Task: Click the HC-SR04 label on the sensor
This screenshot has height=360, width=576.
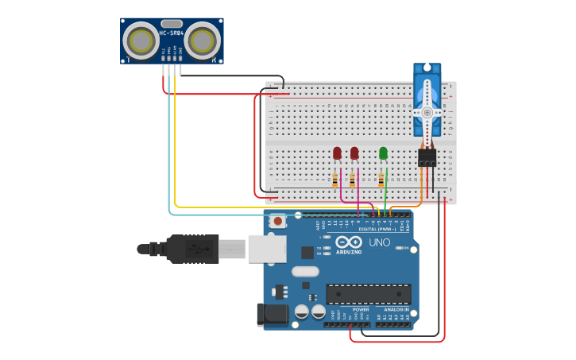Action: [172, 33]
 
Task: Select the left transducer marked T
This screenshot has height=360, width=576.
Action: [141, 40]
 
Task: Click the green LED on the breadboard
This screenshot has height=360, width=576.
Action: [383, 153]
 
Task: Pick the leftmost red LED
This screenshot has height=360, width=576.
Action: [337, 153]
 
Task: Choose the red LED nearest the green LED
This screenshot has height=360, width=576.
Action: [354, 153]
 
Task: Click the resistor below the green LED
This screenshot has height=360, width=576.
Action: [381, 180]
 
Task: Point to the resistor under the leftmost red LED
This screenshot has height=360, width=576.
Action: [335, 180]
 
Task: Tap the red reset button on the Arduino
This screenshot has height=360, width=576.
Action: [277, 221]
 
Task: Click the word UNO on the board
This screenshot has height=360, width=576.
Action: [380, 242]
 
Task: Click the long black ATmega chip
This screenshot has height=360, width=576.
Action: [368, 294]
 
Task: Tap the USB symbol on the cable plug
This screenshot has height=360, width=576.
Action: [195, 249]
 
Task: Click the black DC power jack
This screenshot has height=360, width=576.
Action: [272, 314]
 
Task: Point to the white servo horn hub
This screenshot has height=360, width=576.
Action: [427, 113]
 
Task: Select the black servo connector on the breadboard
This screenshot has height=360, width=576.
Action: [427, 157]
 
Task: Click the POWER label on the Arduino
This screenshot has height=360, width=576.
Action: [361, 309]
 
